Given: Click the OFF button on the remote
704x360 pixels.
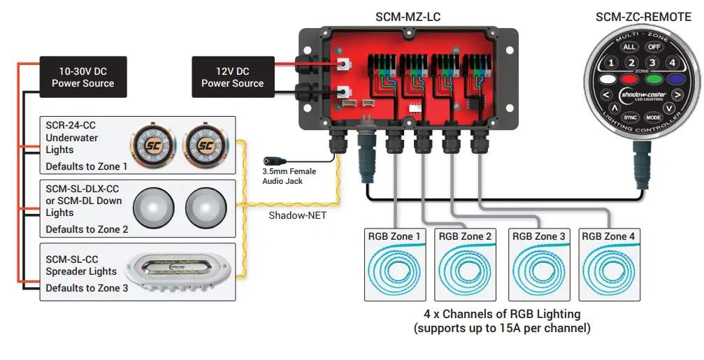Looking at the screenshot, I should tap(653, 47).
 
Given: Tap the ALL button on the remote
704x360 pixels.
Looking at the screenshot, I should tap(630, 47).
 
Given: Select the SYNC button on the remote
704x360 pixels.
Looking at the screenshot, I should tap(630, 117).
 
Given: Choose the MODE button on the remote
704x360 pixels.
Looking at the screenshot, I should tap(653, 117).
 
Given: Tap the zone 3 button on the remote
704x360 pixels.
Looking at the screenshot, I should tap(652, 64).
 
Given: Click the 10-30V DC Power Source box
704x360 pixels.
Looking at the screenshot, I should tap(82, 77).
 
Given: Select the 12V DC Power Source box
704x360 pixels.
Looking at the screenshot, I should tap(232, 77).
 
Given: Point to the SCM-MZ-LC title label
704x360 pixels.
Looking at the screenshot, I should tap(408, 17).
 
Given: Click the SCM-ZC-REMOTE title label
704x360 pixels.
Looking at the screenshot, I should tap(642, 17).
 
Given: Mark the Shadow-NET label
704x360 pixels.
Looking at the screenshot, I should tap(297, 215).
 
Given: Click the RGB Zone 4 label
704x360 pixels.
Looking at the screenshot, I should tap(608, 236).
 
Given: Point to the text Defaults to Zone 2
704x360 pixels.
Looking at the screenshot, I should tap(87, 229).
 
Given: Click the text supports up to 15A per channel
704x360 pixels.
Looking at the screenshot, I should tap(502, 327).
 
